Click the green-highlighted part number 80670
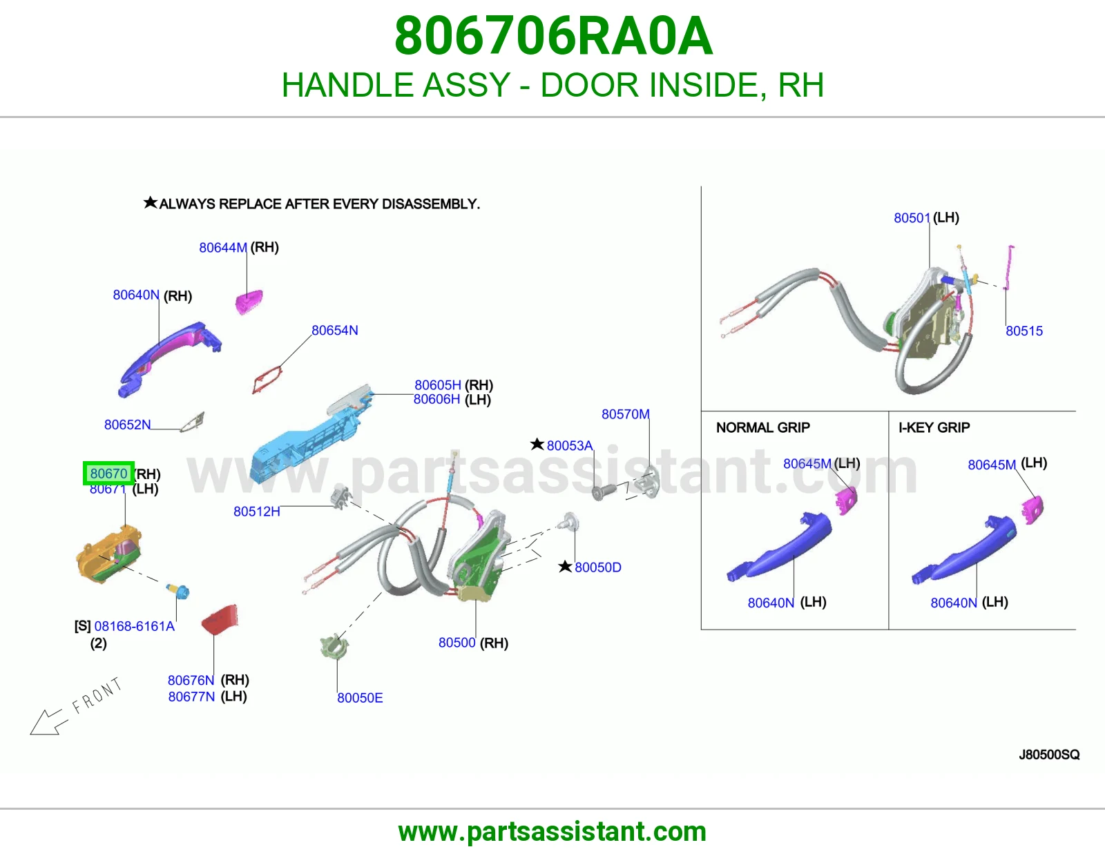coord(108,474)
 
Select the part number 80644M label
coord(223,248)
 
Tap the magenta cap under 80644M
coord(249,302)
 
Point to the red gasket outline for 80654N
coord(267,379)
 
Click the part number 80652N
coord(127,425)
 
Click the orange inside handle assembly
coord(108,554)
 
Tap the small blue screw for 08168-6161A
coord(178,591)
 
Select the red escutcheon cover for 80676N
coord(220,619)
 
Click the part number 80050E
coord(360,697)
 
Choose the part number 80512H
coord(257,512)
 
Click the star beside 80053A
coord(537,445)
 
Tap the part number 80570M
coord(626,414)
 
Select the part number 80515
coord(1024,331)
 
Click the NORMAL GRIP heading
coord(762,427)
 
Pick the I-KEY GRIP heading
coord(934,427)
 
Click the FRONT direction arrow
coord(49,722)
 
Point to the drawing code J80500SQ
coord(1049,755)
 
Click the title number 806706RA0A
coord(553,36)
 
